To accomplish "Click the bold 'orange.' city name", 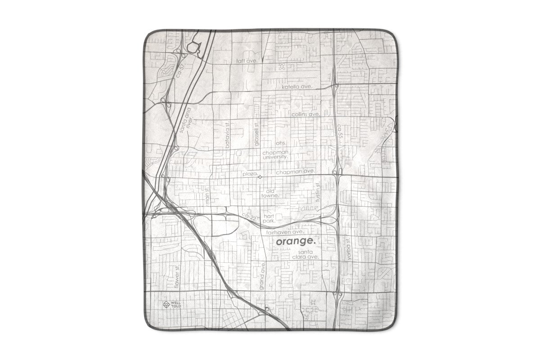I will point(296,242).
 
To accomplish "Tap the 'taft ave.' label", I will point(247,60).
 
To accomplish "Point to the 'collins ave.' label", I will point(306,115).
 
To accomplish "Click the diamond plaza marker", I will point(260,177).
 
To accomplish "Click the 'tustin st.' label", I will point(317,192).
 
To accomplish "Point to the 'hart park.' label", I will point(269,219).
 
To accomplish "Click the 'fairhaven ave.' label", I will point(283,233).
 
